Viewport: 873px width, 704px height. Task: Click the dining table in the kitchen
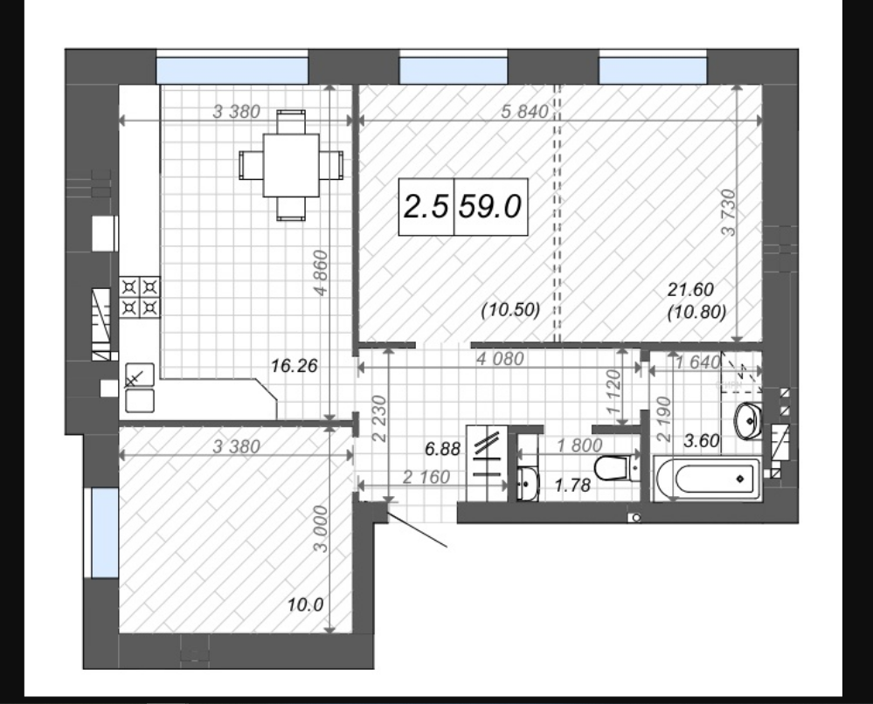coord(291,165)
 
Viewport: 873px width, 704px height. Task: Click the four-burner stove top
coord(140,297)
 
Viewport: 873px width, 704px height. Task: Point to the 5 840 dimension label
coord(524,112)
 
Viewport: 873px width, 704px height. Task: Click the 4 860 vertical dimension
coord(322,273)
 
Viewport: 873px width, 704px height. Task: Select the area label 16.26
coord(294,366)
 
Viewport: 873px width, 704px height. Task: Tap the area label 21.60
coord(690,289)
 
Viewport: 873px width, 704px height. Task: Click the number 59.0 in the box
coord(490,206)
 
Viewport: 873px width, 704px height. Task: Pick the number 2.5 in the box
coord(426,206)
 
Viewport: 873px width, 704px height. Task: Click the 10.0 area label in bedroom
coord(306,604)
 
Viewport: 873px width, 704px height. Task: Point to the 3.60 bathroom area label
coord(702,441)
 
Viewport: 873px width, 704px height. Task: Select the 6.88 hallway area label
coord(443,448)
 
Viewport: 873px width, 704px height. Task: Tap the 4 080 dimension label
coord(500,359)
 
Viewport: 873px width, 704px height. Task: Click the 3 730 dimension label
coord(729,212)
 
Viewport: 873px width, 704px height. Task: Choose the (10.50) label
coord(510,310)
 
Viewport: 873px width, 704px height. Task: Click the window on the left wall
coord(105,533)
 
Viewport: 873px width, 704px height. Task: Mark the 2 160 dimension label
coord(426,477)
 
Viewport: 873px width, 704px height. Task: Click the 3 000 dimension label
coord(322,529)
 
